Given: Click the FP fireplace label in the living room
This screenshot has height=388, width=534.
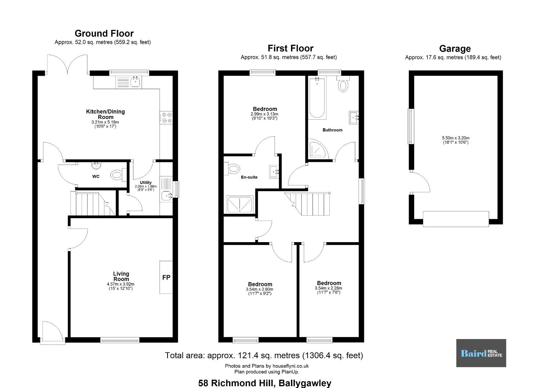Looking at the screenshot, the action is click(166, 277).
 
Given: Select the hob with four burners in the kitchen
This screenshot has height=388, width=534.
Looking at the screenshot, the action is click(166, 118).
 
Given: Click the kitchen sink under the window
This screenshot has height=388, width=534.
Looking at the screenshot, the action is click(136, 82).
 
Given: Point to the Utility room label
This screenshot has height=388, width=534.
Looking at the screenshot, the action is click(146, 183).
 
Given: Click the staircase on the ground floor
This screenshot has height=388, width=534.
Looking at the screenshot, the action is click(93, 204).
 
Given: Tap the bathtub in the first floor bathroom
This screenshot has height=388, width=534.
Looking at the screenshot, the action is click(317, 98).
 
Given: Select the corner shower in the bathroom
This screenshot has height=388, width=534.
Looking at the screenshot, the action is click(318, 149).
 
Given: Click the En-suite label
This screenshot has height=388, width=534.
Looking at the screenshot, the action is click(249, 177).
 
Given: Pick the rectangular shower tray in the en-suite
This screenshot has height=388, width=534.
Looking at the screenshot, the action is click(239, 204).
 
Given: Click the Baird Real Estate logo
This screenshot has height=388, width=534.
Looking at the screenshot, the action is click(481, 353).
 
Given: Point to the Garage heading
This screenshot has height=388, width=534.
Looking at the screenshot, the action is click(455, 48).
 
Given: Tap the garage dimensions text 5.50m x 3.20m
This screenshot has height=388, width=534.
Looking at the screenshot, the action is click(456, 138).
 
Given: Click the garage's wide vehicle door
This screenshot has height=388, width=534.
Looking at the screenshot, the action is click(456, 219).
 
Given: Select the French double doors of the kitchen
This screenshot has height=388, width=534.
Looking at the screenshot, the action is click(68, 64).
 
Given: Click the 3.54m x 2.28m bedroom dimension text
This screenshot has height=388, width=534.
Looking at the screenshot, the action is click(329, 288).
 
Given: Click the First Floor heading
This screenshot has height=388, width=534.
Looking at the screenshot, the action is click(290, 48).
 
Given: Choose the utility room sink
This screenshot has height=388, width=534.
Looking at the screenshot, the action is click(166, 196).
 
